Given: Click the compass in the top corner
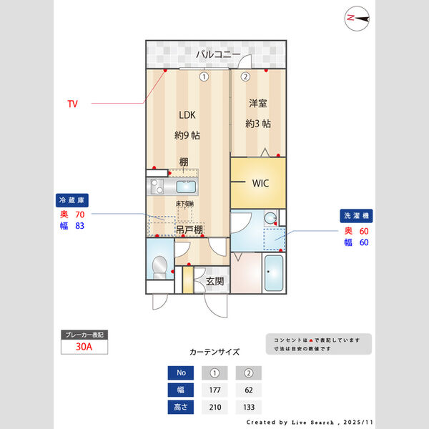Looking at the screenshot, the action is (357, 19).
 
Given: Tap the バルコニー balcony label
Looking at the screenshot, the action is (218, 54).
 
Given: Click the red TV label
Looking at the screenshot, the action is (72, 104).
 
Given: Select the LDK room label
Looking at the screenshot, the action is (187, 115).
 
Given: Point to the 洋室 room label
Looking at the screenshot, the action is (257, 103).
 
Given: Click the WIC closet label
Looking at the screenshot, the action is (260, 183).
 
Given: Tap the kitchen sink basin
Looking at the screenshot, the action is (186, 187).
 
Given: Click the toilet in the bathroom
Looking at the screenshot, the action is (159, 267).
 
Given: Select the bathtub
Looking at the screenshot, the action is (274, 273).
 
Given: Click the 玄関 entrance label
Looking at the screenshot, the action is (214, 281).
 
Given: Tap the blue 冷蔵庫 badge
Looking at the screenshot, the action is (72, 200).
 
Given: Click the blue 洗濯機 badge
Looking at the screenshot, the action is (356, 216).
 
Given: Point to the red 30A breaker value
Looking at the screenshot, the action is (84, 347).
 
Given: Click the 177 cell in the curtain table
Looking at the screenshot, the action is (214, 390).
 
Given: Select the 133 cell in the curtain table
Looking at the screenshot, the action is (249, 407).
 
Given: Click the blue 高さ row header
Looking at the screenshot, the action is (181, 407).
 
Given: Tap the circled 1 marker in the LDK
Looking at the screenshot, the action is (204, 77).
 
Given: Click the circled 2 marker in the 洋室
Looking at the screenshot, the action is (245, 77).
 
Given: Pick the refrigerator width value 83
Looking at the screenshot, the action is (79, 226).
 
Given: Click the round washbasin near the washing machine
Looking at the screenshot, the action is (270, 218).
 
